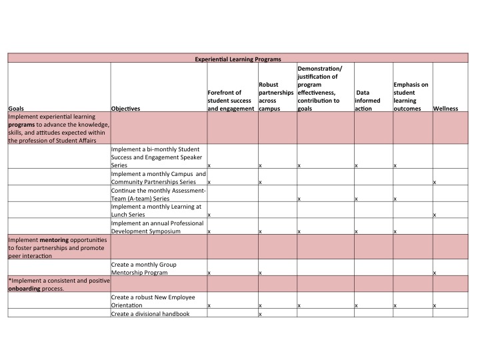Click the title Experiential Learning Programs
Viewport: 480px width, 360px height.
tap(238, 59)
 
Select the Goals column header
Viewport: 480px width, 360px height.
tap(16, 108)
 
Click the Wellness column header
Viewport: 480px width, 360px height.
tap(445, 108)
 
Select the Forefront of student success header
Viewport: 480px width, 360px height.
tap(231, 100)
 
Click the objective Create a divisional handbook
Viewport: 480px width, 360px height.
tap(151, 313)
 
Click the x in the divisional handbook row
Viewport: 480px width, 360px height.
tap(259, 314)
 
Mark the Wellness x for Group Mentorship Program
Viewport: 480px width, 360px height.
tap(435, 273)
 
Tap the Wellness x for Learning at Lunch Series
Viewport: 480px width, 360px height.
tap(435, 215)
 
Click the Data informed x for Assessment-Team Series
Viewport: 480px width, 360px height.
tap(356, 199)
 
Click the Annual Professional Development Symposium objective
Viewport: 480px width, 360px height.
tap(157, 227)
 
